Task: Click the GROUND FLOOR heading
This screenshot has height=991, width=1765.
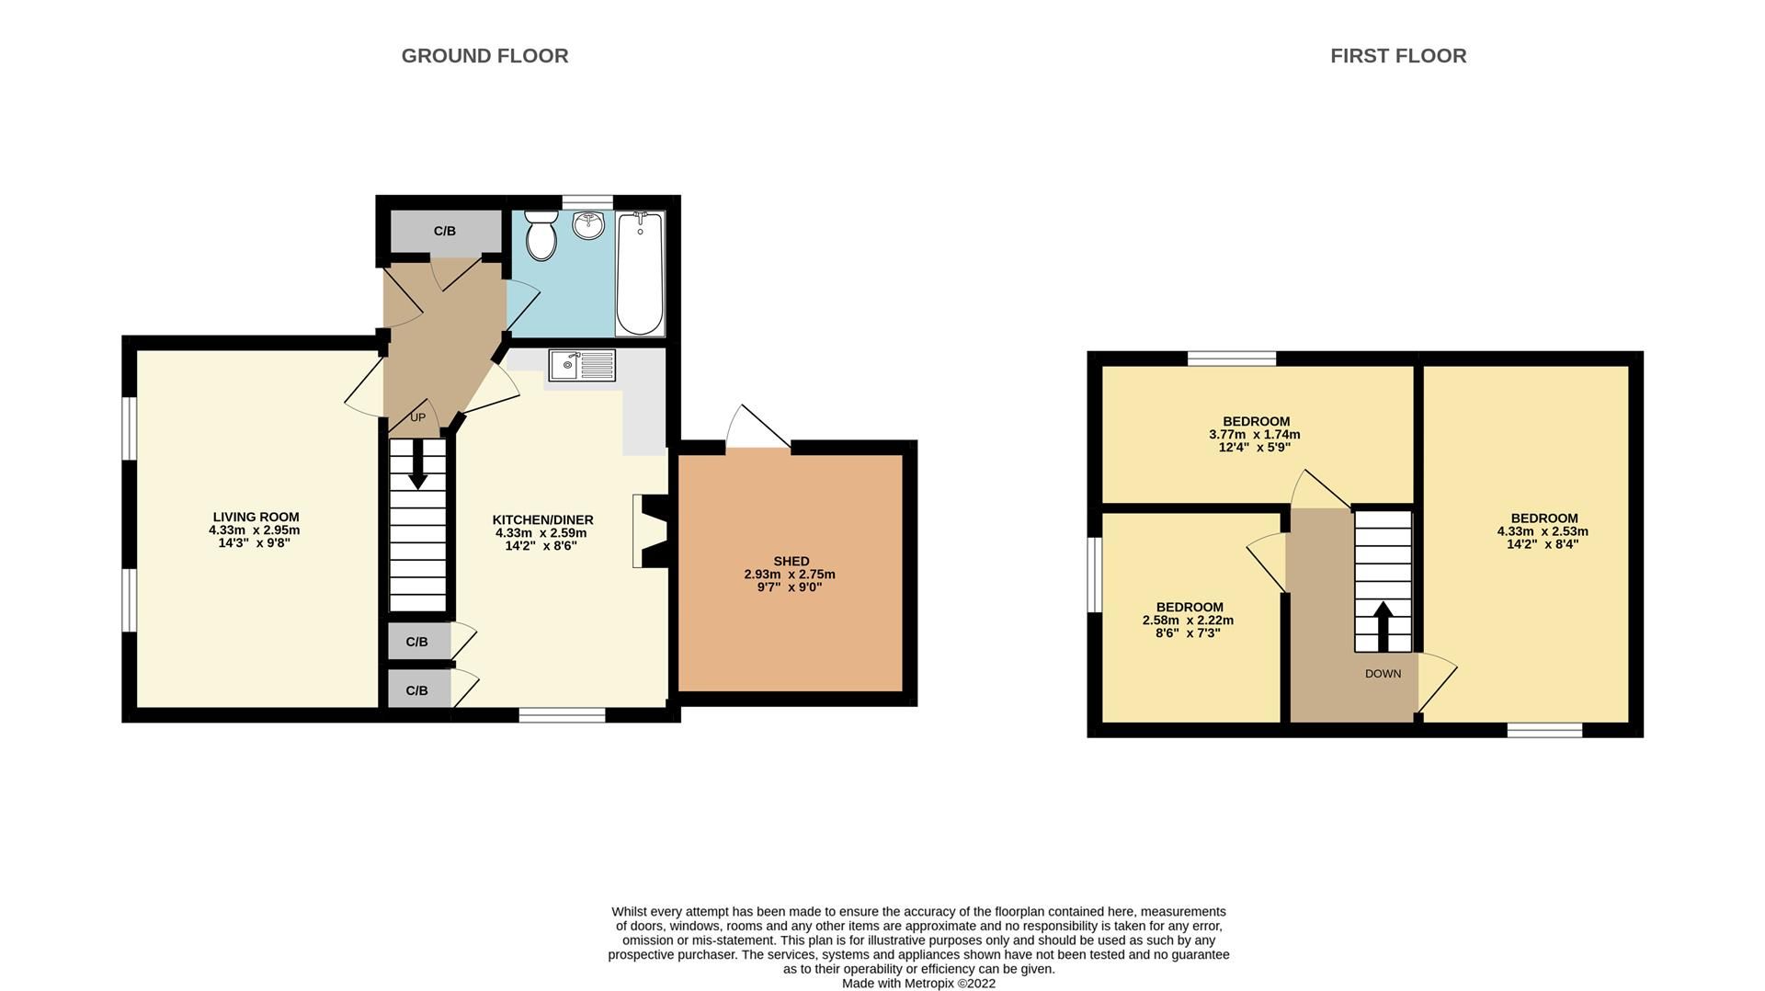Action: click(484, 56)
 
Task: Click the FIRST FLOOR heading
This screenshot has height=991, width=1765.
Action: click(1397, 56)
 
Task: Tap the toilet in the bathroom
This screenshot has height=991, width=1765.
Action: click(541, 236)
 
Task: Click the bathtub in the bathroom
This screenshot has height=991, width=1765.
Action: click(640, 273)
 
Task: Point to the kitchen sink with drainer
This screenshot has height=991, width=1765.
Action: click(582, 365)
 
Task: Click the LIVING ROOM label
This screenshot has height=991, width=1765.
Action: click(256, 518)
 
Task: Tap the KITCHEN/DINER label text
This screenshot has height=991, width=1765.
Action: click(542, 520)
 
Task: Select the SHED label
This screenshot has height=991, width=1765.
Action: click(791, 561)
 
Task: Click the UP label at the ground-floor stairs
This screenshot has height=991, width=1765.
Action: click(417, 417)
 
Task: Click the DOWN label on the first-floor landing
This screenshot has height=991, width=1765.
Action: click(1383, 674)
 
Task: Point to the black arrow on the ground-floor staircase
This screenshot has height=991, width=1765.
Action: click(417, 465)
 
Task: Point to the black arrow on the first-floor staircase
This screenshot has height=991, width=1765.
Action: click(1383, 625)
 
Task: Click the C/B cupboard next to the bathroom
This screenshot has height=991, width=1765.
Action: click(445, 231)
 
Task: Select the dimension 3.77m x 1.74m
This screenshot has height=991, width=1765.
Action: click(1255, 435)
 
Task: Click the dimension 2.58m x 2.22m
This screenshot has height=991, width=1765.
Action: click(1188, 621)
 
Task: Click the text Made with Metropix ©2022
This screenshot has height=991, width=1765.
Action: click(918, 983)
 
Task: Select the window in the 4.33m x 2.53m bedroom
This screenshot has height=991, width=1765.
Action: click(1544, 730)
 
